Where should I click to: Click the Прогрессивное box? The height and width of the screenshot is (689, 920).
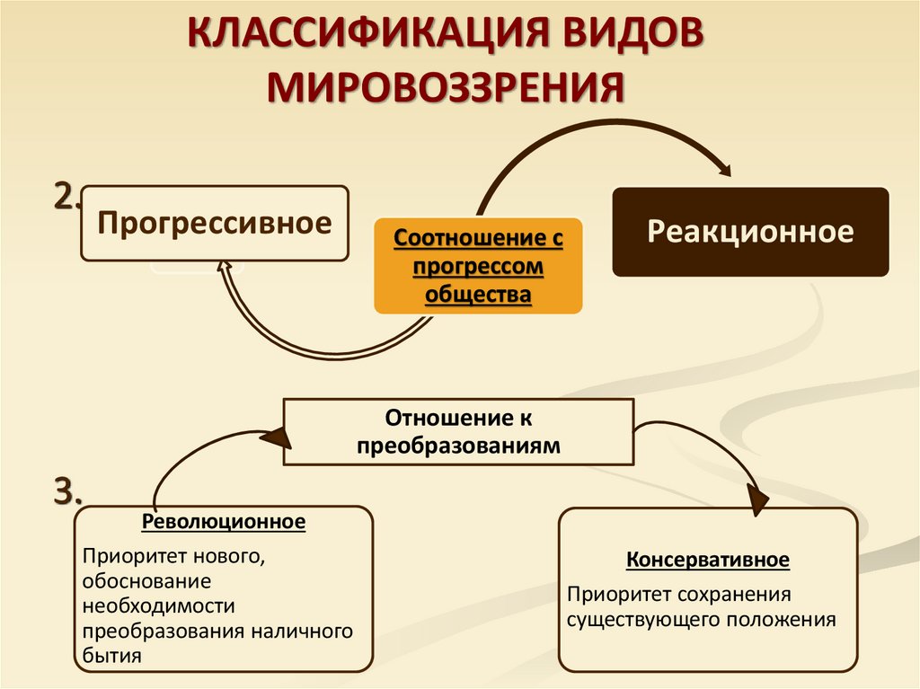point(214,223)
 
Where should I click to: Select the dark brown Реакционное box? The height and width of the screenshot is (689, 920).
point(750,232)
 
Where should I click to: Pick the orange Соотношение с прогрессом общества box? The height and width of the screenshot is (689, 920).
point(478,267)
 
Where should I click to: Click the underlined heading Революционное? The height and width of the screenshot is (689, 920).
point(224,522)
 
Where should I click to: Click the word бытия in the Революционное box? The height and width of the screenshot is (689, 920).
point(112,656)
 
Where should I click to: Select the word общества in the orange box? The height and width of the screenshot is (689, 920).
point(478,294)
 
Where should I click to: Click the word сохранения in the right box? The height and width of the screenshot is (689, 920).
point(744,595)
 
